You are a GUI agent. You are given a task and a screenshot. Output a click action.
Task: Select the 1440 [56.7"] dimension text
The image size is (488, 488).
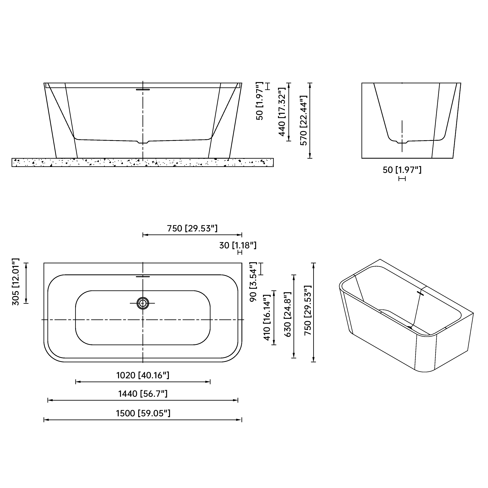pos(143,394)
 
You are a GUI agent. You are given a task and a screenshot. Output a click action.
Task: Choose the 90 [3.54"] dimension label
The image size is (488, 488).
pos(253,282)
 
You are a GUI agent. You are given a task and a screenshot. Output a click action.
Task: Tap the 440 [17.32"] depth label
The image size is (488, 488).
pos(282,112)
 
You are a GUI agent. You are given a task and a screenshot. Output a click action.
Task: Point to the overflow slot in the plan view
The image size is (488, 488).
pos(143,277)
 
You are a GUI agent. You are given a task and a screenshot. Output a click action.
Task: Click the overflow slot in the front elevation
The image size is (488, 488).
pos(143,89)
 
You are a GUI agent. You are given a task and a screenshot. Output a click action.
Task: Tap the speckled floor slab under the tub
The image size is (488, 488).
pos(143,162)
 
